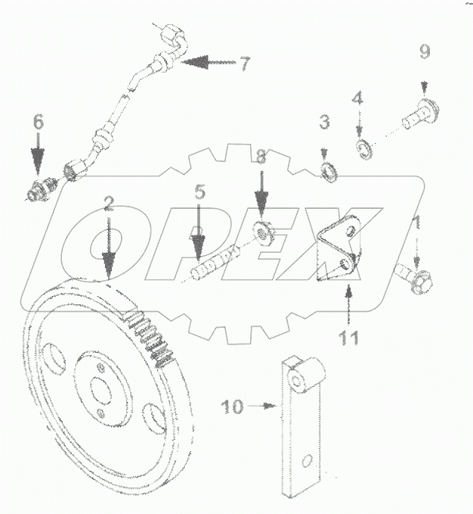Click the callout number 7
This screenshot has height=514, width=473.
click(x=243, y=64)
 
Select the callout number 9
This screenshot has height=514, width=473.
click(x=425, y=51)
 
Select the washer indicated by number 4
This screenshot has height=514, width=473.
click(x=363, y=146)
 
